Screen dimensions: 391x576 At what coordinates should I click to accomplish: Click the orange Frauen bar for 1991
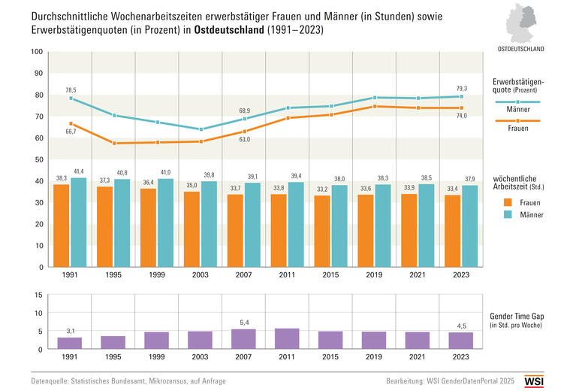pyautogui.click(x=61, y=225)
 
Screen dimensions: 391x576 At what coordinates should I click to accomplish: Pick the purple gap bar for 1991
pyautogui.click(x=70, y=343)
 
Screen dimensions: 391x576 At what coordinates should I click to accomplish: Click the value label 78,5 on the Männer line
pyautogui.click(x=71, y=90)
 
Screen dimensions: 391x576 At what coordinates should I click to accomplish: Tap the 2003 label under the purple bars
pyautogui.click(x=201, y=357)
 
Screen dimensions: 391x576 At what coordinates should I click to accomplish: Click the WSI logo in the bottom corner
pyautogui.click(x=555, y=380)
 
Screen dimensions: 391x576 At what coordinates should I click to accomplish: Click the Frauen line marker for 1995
pyautogui.click(x=113, y=143)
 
